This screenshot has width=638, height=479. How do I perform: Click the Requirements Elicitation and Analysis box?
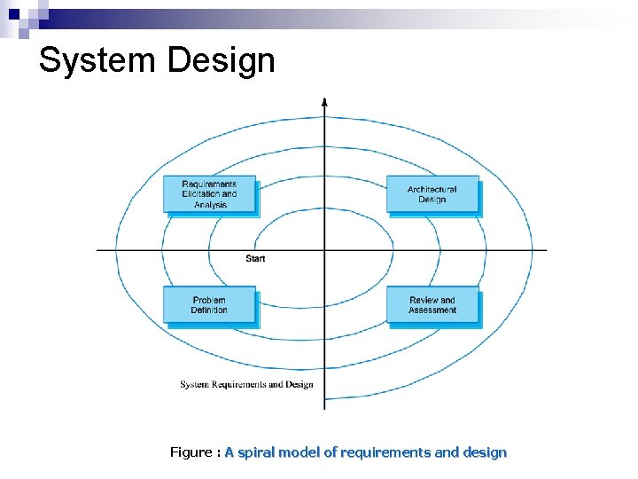click(209, 194)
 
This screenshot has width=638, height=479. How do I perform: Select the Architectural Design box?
click(432, 194)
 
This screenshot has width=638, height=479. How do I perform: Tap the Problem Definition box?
click(209, 305)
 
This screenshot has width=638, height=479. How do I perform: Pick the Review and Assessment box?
click(432, 305)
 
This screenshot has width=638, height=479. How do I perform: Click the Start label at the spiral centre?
click(255, 258)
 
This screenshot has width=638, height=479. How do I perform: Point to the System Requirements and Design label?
click(246, 385)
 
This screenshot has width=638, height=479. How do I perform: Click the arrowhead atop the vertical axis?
click(324, 101)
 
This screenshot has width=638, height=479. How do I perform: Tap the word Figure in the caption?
click(191, 452)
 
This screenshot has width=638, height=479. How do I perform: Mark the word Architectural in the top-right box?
click(432, 189)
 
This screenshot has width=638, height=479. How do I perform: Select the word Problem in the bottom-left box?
click(209, 300)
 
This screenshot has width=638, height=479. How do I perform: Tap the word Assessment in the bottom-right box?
click(432, 310)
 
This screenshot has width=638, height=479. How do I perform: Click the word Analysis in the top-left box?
click(210, 205)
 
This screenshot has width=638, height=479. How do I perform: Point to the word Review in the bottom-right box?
click(422, 300)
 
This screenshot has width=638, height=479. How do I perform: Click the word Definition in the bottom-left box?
click(209, 310)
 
